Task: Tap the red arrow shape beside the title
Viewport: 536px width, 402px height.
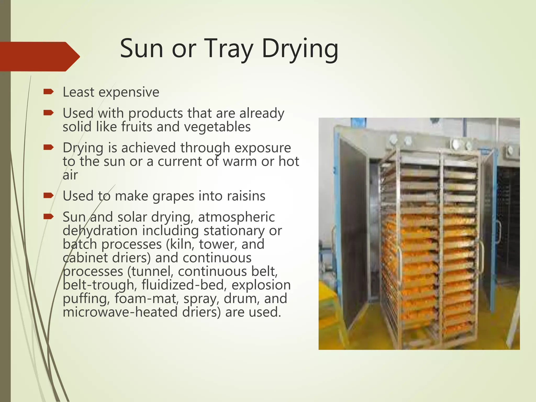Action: coord(39,57)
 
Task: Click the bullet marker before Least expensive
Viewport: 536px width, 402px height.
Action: coord(48,92)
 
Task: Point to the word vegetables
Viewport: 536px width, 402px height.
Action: coord(217,127)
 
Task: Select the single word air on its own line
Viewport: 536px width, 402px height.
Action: coord(70,175)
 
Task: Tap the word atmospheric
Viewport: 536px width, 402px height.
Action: coord(236,217)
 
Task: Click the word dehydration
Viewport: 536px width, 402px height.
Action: coord(100,231)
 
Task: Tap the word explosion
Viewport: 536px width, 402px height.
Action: coord(261,285)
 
